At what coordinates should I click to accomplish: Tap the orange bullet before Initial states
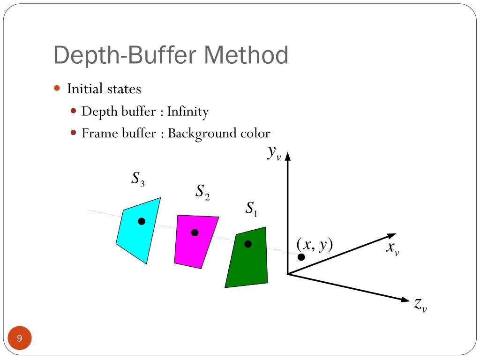[57, 88]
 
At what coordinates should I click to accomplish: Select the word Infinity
[187, 112]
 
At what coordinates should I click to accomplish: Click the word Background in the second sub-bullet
[201, 134]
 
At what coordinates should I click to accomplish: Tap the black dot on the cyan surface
[142, 221]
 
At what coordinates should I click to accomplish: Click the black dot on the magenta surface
[195, 232]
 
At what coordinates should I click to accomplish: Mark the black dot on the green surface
[248, 244]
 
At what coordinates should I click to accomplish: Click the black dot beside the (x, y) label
[301, 257]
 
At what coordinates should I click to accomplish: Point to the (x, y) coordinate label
[314, 244]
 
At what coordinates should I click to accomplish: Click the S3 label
[137, 179]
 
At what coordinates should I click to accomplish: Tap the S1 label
[252, 209]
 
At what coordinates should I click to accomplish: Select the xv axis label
[392, 248]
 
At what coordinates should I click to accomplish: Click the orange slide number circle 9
[20, 338]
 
